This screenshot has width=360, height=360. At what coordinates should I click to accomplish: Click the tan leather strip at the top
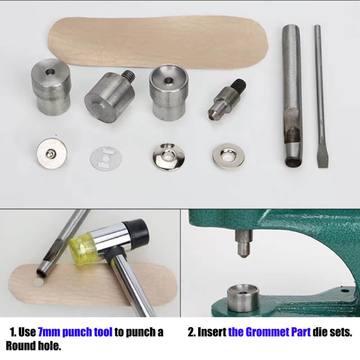pos(158,41)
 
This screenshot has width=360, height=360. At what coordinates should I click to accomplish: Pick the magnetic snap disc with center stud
pos(51,153)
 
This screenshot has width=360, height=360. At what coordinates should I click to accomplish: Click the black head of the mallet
pos(138,232)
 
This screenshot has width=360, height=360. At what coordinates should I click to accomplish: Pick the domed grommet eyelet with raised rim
pos(168,156)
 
